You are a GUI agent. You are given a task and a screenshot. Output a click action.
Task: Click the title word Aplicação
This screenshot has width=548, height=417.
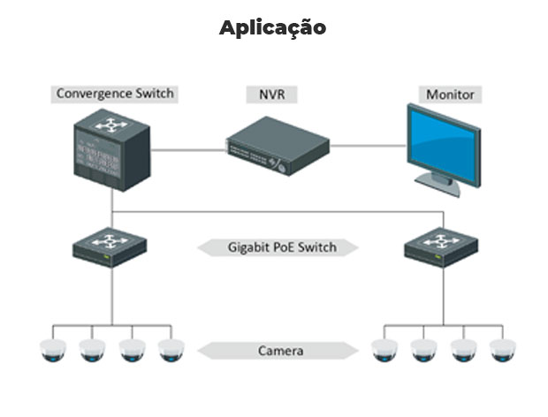click(x=272, y=27)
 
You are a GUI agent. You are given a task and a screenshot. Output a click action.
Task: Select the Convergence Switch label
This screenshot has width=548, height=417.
click(x=115, y=93)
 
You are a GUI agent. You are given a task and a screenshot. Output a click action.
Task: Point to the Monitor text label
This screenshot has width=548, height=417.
click(x=450, y=94)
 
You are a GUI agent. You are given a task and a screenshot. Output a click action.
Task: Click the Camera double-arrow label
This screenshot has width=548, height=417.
click(x=280, y=351)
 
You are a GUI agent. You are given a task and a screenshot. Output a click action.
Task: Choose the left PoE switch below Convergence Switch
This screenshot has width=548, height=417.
click(x=110, y=245)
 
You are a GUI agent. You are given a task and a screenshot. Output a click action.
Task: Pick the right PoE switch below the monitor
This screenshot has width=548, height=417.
click(x=441, y=245)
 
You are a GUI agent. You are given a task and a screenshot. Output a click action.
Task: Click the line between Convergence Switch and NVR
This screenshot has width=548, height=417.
click(x=186, y=150)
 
